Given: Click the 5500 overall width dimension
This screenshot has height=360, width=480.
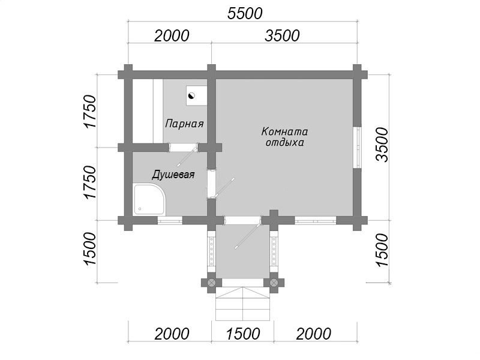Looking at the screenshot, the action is tap(245, 13).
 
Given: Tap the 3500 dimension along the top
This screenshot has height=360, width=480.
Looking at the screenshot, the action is tap(282, 36).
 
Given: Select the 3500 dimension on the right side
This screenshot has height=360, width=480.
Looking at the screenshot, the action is tap(382, 145).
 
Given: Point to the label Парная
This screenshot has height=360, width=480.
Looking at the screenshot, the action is tap(184, 124).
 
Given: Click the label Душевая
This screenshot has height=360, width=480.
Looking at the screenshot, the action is tap(173, 175).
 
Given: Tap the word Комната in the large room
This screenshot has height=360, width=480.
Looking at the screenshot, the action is tap(284, 131).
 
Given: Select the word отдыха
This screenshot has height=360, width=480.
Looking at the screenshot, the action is tap(284, 143).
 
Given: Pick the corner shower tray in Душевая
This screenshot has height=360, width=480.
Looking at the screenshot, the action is tap(149, 199).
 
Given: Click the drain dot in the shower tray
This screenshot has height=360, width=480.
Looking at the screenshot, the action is tap(140, 209).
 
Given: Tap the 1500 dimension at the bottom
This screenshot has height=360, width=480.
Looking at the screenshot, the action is tap(243, 334).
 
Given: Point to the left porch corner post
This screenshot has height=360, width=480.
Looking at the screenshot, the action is tap(212, 282).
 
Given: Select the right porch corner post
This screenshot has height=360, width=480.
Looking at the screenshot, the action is tap(274, 282).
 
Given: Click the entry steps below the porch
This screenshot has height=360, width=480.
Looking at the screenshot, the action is tap(243, 304).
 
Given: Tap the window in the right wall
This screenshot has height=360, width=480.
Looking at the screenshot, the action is tap(357, 147).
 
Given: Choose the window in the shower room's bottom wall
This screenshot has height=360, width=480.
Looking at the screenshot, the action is tap(170, 220).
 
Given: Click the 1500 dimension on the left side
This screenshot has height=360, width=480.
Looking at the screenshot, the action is tap(89, 248).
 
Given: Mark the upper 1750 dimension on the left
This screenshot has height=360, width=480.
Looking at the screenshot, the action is tap(89, 112).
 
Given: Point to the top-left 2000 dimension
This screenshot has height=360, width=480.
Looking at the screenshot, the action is tap(172, 36).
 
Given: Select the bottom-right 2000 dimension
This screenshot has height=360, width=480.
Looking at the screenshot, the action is tap(313, 334).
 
